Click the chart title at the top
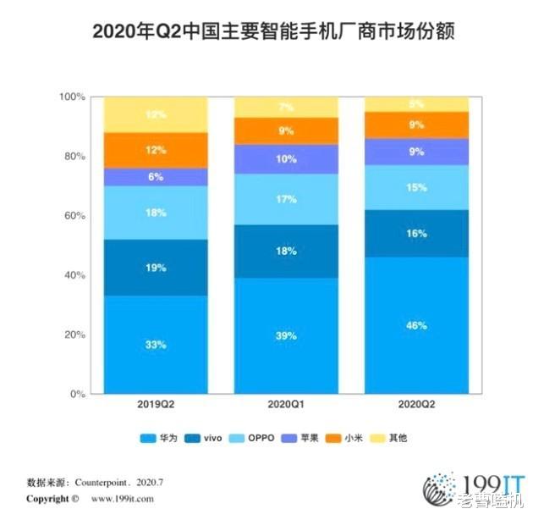[x=266, y=33]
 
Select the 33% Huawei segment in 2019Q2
[x=156, y=345]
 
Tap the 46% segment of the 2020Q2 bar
[x=415, y=325]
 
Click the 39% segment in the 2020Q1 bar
[x=286, y=336]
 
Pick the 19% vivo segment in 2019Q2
[x=156, y=268]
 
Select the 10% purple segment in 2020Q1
[x=286, y=159]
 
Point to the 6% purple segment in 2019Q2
[x=156, y=177]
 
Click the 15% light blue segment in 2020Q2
[x=415, y=187]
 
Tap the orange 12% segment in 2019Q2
[x=156, y=150]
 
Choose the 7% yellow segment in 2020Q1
[x=286, y=108]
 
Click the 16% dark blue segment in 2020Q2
[x=415, y=233]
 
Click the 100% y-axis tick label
[x=72, y=97]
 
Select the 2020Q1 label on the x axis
[x=286, y=407]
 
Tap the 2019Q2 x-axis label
[x=156, y=407]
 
